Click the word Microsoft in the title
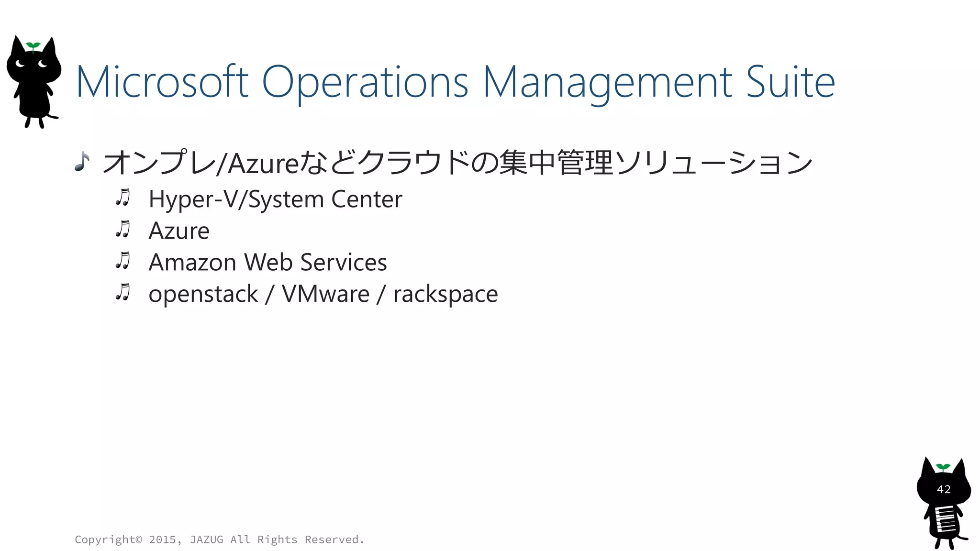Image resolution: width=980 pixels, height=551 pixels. [162, 82]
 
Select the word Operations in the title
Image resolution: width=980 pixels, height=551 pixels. [365, 82]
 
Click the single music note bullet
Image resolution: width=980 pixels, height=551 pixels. [82, 162]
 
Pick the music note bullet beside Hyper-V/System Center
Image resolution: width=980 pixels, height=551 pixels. [123, 198]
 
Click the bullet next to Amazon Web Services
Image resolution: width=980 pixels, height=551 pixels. [123, 261]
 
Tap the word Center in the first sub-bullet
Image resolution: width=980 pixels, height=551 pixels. [367, 199]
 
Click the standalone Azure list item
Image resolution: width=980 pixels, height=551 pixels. [179, 231]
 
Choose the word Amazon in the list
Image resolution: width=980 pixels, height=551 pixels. [192, 263]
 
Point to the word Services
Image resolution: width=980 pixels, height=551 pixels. [344, 263]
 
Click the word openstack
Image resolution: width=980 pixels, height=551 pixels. [203, 294]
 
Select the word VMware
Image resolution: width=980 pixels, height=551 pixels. [325, 294]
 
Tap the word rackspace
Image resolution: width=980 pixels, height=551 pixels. [445, 294]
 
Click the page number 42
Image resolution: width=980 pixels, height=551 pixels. [944, 489]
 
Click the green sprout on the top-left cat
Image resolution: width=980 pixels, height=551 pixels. [33, 46]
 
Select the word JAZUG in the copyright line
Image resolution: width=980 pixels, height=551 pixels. [206, 540]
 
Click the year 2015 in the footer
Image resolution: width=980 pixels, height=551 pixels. [162, 540]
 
